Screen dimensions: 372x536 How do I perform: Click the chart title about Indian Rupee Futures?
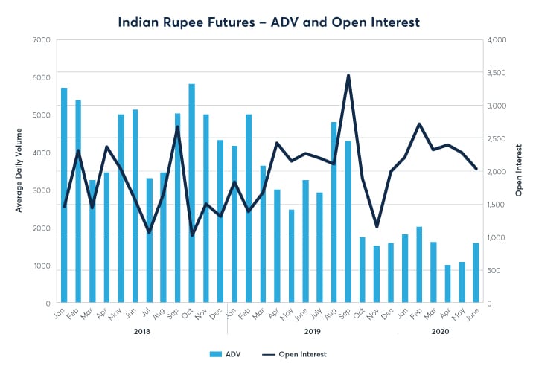(x=268, y=22)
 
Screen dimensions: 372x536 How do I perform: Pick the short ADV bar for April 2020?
(x=447, y=284)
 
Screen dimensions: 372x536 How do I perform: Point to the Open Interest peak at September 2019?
(x=348, y=75)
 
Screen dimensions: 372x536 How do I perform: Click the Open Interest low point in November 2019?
(x=377, y=226)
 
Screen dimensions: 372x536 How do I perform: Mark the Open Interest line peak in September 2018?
(x=178, y=127)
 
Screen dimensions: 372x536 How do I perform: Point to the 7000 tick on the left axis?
(x=40, y=39)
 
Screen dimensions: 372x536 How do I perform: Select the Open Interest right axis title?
(x=518, y=171)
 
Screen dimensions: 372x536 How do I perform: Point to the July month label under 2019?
(x=318, y=313)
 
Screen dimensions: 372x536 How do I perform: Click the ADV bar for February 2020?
(x=419, y=265)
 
